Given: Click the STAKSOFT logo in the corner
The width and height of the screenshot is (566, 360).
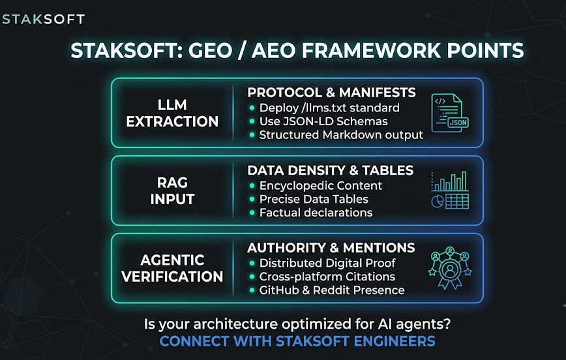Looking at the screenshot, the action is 43,19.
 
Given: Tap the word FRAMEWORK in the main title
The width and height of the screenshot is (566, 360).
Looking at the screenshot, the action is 371,50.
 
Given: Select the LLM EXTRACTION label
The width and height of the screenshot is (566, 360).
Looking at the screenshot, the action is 172,113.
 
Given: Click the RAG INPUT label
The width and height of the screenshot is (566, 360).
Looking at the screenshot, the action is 172,190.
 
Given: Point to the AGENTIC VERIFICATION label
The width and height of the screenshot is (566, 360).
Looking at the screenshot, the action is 172,268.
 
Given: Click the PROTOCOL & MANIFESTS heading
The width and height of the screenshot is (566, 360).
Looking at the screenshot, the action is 331,93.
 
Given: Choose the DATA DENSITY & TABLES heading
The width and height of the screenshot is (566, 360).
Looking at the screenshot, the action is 331,170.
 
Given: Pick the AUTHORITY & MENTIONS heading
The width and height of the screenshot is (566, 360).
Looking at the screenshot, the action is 331,248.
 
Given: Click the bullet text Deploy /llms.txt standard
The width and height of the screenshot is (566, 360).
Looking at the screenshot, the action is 329,108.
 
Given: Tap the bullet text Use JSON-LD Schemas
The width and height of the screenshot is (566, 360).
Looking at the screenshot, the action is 323,121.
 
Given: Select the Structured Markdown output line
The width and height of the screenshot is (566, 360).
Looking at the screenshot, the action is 341,135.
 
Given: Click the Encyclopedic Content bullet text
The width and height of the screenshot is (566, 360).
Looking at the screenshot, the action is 321,186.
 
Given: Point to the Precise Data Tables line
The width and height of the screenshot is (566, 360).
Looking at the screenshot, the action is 314,199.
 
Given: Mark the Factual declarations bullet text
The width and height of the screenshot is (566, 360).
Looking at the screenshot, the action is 316,213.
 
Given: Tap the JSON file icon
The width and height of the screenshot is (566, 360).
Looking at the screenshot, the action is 450,113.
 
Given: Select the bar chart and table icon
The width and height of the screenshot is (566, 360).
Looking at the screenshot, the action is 450,190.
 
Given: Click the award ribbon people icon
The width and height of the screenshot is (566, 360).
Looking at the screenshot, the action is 450,267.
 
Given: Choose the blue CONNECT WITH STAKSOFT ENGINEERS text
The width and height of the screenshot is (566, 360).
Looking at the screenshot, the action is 297,341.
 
